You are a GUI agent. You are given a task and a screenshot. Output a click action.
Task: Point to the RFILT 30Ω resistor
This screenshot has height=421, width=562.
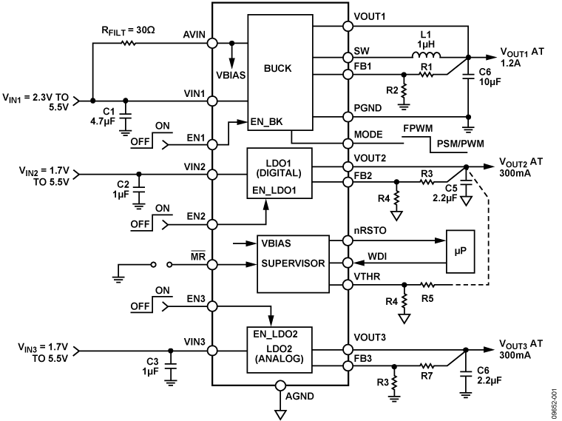point(129,44)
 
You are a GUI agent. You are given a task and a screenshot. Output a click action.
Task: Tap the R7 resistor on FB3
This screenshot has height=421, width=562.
point(427,365)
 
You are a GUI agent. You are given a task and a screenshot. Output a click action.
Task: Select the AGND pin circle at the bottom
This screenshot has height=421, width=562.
point(280,386)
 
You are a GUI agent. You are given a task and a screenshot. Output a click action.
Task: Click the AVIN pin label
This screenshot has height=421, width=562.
point(194,35)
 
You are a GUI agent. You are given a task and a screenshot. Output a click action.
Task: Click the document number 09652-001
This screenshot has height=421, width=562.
point(553,400)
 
